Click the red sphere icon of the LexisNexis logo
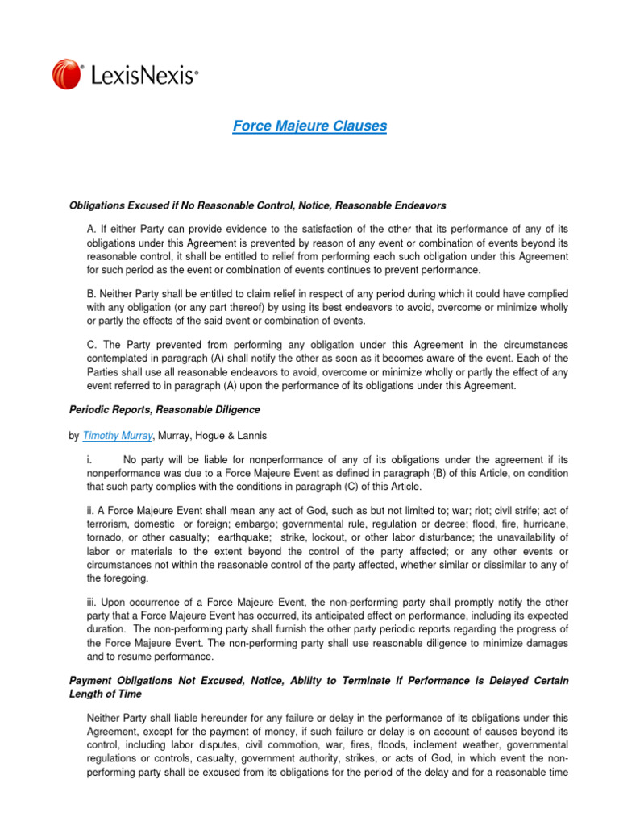click(x=67, y=75)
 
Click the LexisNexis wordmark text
click(x=140, y=76)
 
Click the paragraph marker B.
click(x=90, y=295)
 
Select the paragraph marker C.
click(x=90, y=344)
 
